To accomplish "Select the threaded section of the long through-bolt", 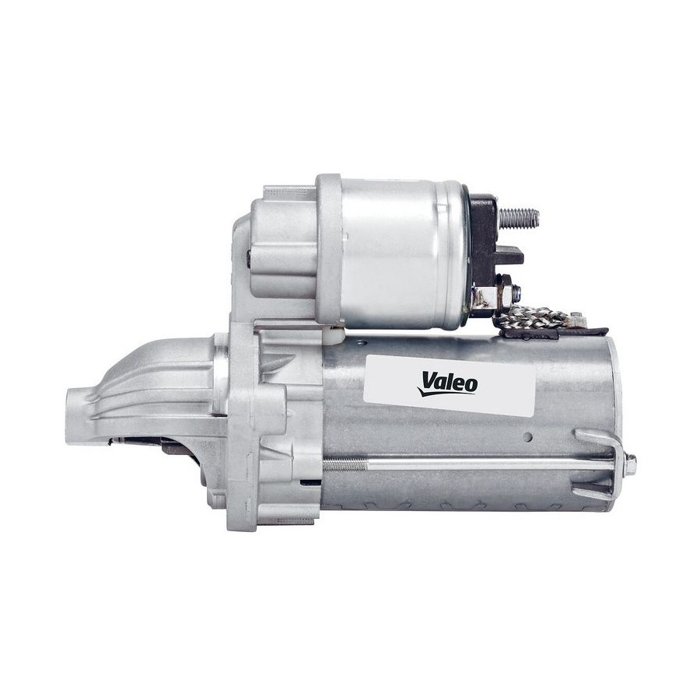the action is point(346,466).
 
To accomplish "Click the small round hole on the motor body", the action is point(529,436).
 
